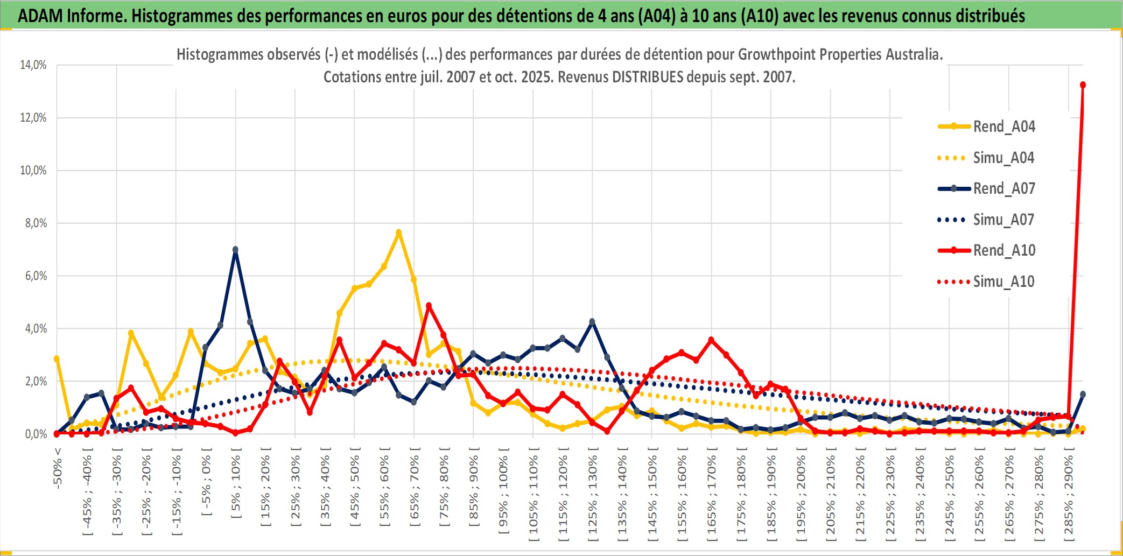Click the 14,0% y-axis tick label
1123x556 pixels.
(33, 65)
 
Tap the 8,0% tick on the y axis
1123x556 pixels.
(36, 223)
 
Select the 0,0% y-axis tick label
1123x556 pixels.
(36, 434)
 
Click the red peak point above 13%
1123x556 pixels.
(1083, 85)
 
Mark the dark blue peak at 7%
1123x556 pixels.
(235, 250)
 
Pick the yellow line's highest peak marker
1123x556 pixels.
(398, 233)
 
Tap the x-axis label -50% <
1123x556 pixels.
(58, 468)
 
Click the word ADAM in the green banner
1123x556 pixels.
(40, 16)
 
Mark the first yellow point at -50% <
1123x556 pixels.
(57, 359)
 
